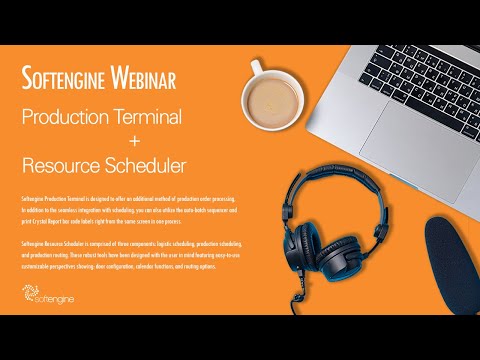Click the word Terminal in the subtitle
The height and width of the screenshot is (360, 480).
147,117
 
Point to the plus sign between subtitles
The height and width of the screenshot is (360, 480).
104,138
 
